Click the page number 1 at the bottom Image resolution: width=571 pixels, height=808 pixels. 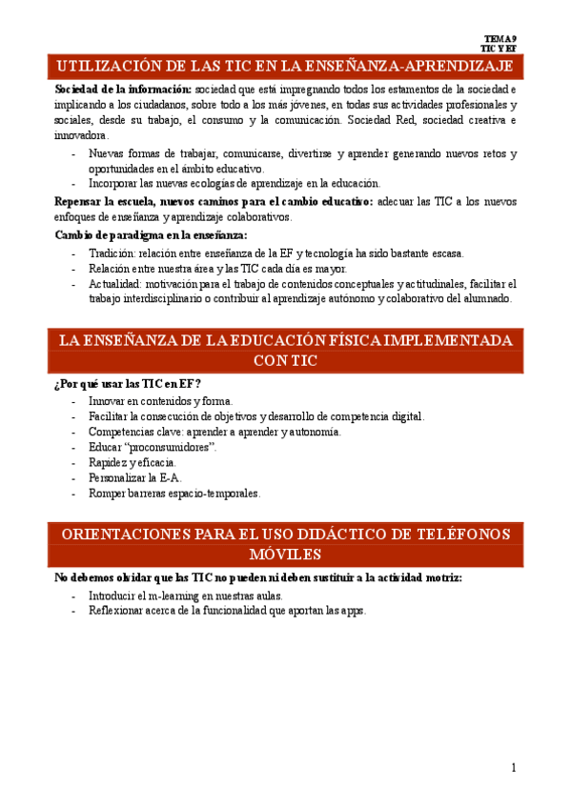pos(513,768)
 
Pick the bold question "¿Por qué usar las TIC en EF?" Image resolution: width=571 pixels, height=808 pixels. pos(128,385)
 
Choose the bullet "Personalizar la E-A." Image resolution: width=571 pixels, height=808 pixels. pos(134,478)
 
